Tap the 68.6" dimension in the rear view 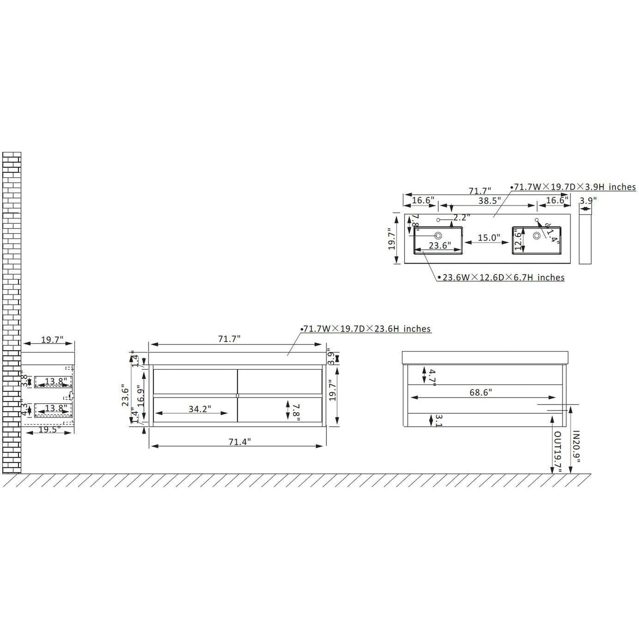(480, 392)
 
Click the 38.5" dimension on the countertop (489, 200)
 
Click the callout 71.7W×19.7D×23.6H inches (367, 329)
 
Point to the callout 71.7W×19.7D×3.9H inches (574, 187)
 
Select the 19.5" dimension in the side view (50, 429)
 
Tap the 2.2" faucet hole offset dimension (461, 217)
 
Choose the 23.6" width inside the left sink (439, 245)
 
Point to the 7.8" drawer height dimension (296, 411)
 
